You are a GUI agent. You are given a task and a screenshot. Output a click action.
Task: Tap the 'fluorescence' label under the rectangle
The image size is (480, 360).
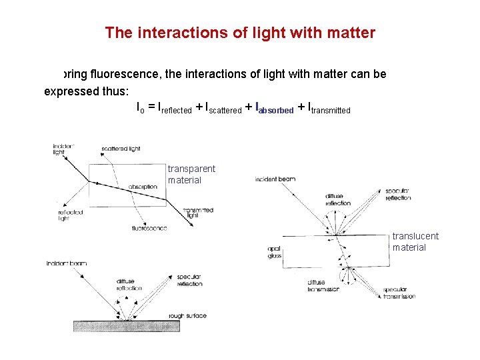click(x=149, y=228)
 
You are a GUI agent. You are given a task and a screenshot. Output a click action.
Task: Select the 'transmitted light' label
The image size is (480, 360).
click(x=199, y=213)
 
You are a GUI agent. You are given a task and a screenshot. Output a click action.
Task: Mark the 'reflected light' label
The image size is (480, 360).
click(x=70, y=215)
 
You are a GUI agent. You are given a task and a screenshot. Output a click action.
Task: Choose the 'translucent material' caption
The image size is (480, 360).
click(x=415, y=241)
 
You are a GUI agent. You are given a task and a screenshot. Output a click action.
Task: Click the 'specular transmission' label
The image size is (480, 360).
click(x=399, y=293)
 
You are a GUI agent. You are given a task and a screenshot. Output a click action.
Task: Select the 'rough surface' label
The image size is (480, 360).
click(x=188, y=315)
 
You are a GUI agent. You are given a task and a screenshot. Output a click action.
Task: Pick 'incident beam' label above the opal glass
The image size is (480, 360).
click(x=275, y=179)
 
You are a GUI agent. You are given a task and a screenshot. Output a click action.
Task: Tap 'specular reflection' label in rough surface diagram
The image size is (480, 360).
click(x=189, y=280)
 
